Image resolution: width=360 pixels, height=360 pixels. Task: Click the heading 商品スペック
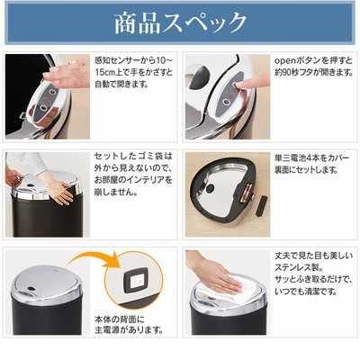(x=180, y=23)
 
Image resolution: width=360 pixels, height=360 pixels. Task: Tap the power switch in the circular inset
(x=137, y=280)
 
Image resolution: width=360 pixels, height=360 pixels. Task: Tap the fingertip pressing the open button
(x=238, y=86)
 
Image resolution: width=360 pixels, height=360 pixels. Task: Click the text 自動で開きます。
(x=121, y=85)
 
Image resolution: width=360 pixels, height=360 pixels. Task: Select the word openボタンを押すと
(x=313, y=61)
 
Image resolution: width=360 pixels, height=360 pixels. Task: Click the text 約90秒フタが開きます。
(x=314, y=73)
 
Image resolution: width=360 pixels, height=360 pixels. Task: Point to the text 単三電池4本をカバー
(x=312, y=157)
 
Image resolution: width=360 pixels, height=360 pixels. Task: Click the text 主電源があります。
(x=130, y=330)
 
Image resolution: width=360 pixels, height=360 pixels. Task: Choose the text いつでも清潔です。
(x=306, y=292)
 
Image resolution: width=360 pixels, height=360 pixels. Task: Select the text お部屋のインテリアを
(x=133, y=180)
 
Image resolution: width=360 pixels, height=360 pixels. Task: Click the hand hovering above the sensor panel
(x=66, y=74)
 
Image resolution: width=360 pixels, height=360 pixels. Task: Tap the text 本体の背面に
(x=120, y=319)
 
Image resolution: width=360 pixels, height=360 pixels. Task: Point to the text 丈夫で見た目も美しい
(x=314, y=256)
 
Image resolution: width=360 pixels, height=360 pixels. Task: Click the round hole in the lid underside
(x=209, y=189)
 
